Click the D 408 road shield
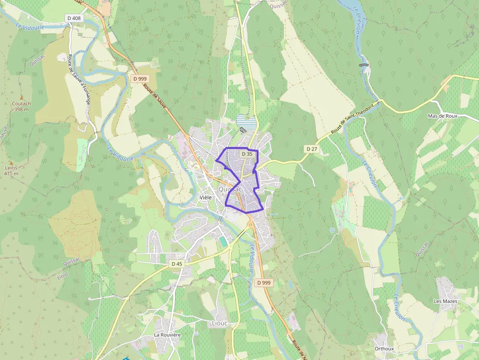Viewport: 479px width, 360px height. (74, 18)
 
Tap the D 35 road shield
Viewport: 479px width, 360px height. (247, 154)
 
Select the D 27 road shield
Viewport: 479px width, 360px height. (311, 148)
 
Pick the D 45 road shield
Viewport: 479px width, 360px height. (176, 264)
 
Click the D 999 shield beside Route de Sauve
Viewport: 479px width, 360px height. (139, 79)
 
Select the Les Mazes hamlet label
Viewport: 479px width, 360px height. (445, 301)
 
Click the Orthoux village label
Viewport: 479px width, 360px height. (384, 349)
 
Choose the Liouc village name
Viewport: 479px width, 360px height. (219, 323)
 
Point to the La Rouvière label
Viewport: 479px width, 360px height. (168, 335)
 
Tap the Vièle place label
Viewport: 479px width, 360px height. (206, 197)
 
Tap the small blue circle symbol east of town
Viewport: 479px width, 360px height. (332, 230)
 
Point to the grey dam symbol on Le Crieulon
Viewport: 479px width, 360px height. (364, 64)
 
